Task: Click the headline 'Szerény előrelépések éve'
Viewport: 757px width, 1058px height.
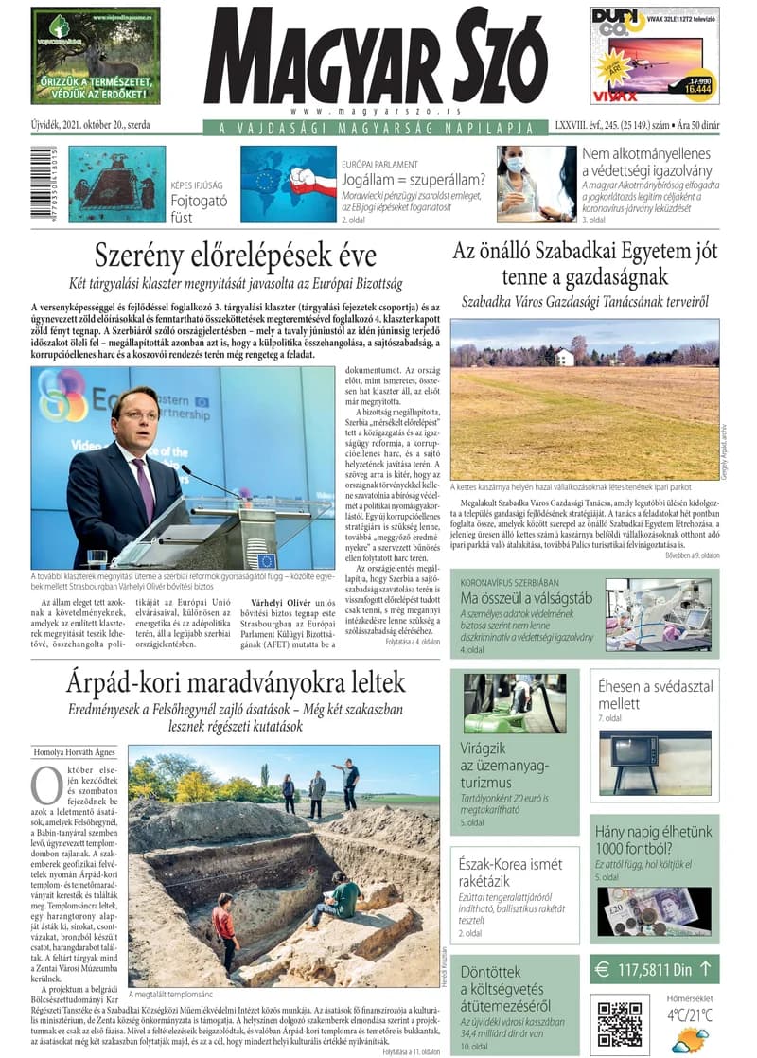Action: point(236,256)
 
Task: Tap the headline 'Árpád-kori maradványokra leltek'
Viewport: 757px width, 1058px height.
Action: point(236,681)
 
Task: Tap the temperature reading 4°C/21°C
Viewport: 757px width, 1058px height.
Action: point(689,1014)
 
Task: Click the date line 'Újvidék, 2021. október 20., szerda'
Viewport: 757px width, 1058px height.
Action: point(90,124)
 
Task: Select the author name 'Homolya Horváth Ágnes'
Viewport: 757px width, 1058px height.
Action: point(76,752)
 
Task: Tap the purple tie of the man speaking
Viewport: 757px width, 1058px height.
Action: point(144,486)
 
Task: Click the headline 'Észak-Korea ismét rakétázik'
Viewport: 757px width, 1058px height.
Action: point(511,873)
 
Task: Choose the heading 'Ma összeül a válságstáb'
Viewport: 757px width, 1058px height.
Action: point(526,597)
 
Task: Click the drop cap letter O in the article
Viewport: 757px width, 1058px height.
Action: point(46,785)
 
